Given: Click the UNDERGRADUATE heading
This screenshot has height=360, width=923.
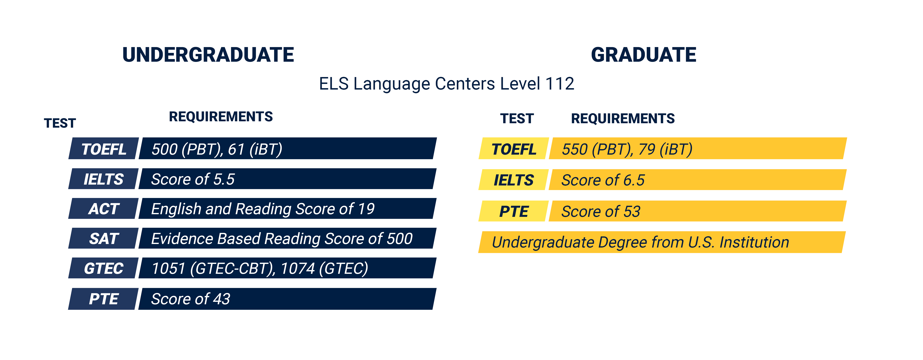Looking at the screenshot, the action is pos(208,55).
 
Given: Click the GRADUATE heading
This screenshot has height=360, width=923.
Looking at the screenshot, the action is pos(644,55).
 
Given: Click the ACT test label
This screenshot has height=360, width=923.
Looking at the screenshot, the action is pos(104,209).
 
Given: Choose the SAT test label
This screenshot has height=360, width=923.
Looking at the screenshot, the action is pos(104,239).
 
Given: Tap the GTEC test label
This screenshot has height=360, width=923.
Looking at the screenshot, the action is pos(104,268).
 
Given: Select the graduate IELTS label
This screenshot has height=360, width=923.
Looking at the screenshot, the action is pos(514,180).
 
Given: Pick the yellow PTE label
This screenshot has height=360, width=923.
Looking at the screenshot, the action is pos(514,211).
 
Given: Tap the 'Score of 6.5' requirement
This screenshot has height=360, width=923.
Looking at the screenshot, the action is pos(603,180).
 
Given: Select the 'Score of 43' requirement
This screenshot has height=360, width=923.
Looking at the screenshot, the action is pos(191,299).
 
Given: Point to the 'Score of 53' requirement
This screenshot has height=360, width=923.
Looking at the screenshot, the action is pos(601,211).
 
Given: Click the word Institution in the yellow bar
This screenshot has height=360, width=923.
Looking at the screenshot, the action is pos(754,242).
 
